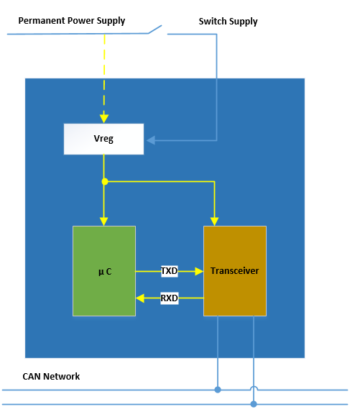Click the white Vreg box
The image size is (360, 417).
(103, 139)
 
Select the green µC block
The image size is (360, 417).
(104, 271)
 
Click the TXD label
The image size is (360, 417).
(169, 271)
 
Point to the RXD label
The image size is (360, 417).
(169, 298)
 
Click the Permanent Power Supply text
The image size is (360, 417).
(71, 21)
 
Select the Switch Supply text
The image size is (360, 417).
(228, 22)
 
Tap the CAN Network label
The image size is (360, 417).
(51, 376)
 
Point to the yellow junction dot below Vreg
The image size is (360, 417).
(105, 181)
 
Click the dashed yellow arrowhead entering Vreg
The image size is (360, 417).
(104, 118)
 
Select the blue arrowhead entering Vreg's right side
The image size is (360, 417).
(150, 139)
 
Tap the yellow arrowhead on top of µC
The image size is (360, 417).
(105, 220)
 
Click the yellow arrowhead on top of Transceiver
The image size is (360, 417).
(214, 220)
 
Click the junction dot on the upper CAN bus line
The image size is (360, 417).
(218, 390)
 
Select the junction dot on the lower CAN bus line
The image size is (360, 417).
(254, 404)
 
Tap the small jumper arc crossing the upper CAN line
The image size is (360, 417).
(254, 390)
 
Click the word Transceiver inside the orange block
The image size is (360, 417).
(234, 271)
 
